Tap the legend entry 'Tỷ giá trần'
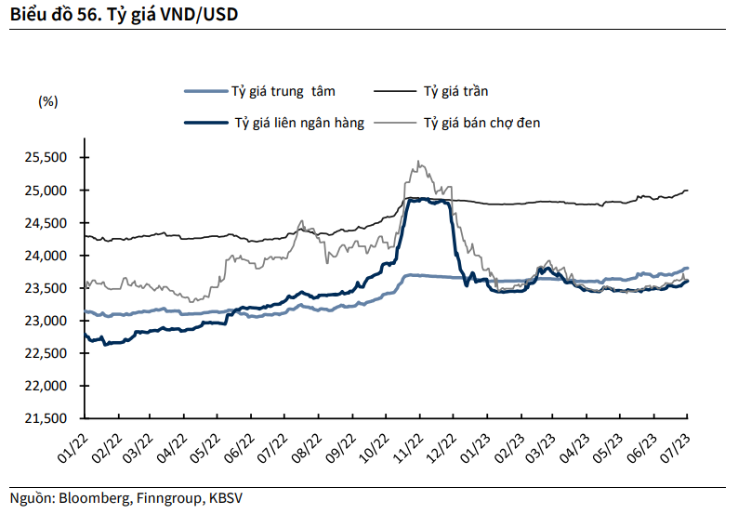455,91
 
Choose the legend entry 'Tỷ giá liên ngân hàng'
298,122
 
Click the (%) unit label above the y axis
48,101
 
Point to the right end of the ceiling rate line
687,191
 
